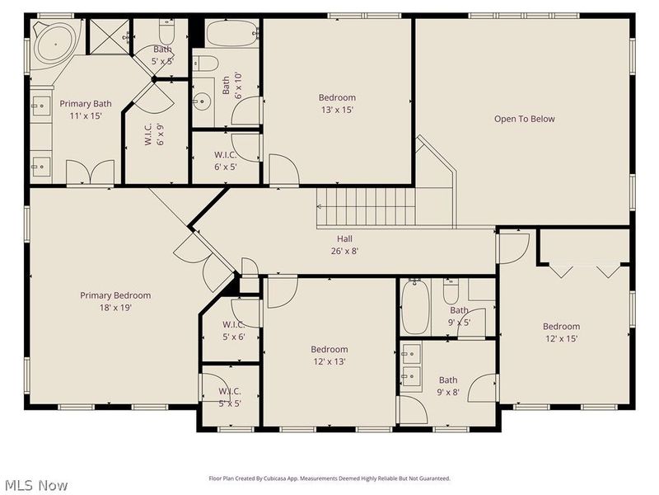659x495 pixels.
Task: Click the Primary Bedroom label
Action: click(115, 301)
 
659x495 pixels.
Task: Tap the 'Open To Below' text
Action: click(524, 119)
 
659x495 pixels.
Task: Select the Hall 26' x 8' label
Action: click(344, 245)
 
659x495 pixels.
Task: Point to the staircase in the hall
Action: click(367, 207)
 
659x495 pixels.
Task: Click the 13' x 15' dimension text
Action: click(337, 110)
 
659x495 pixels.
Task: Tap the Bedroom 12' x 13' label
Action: click(329, 355)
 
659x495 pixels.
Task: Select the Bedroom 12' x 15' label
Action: click(561, 332)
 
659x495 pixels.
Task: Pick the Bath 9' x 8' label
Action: click(449, 386)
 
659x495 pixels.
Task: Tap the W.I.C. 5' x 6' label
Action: click(233, 330)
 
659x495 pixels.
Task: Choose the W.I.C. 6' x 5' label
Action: click(226, 160)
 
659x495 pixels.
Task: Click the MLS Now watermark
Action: click(35, 485)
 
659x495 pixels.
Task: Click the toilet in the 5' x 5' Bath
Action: click(167, 32)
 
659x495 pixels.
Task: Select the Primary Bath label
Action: click(85, 110)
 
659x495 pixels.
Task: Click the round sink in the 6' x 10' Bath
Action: click(203, 102)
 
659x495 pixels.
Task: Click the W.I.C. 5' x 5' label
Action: click(230, 397)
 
